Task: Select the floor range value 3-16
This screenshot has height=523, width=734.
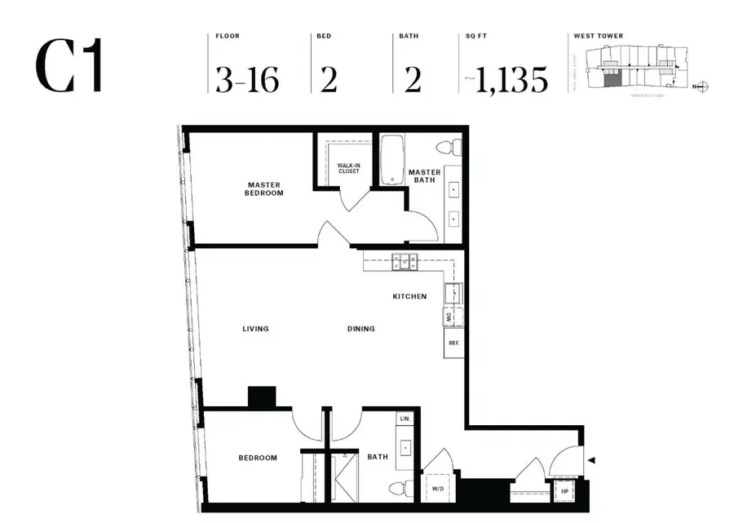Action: tap(247, 80)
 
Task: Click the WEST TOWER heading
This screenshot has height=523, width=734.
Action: tap(598, 37)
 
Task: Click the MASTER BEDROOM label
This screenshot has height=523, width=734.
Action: tap(264, 189)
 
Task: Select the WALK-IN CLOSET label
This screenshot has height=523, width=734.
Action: tap(348, 169)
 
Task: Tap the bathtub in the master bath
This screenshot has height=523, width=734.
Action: tap(392, 159)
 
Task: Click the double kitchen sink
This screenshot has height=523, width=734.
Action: tap(404, 262)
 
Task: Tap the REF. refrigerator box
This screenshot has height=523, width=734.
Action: tap(453, 343)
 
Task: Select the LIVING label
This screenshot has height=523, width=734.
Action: tap(255, 329)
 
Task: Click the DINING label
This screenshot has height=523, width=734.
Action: tap(360, 329)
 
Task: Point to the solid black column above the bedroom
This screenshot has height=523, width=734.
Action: tap(263, 397)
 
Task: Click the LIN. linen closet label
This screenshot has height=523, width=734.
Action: tap(405, 419)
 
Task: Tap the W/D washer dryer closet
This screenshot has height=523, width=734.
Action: tap(438, 489)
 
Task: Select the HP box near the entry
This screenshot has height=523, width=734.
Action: tap(564, 492)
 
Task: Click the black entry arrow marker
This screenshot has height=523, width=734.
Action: tap(592, 462)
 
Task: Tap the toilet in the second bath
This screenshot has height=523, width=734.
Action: tap(398, 490)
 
